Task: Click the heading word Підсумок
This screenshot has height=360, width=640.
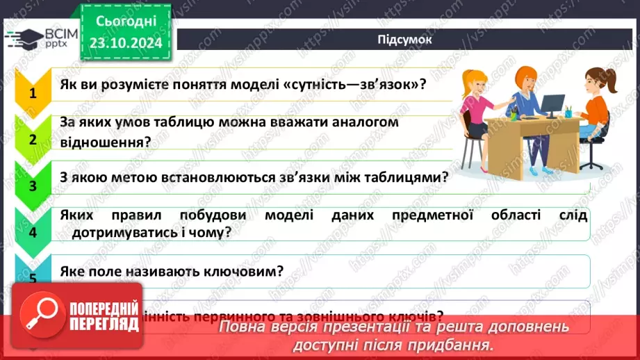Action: (x=404, y=39)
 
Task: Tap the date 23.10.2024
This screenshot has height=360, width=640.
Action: (x=125, y=43)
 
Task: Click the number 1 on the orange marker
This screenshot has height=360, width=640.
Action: (x=32, y=93)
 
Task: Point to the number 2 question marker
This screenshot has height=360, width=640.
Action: (x=32, y=138)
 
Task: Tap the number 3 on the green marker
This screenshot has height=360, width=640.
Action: (x=32, y=186)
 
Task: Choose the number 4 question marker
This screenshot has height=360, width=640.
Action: (x=32, y=231)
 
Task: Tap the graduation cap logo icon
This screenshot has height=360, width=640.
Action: (x=23, y=38)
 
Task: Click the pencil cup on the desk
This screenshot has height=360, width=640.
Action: (x=568, y=111)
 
